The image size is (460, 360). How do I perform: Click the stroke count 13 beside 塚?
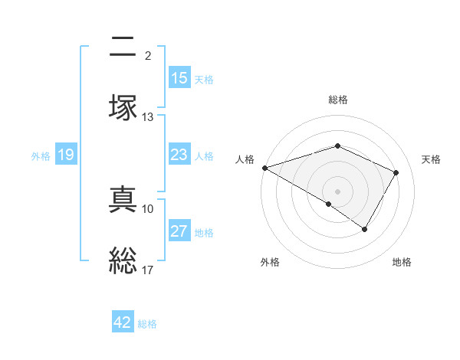tap(148, 117)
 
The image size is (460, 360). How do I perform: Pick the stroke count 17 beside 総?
tap(148, 270)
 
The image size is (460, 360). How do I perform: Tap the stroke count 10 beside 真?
tap(148, 208)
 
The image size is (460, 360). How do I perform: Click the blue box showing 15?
tap(179, 78)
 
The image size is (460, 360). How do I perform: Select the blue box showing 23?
tap(179, 155)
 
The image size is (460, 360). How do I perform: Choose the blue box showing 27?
tap(179, 231)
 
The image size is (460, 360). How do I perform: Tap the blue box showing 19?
tap(65, 155)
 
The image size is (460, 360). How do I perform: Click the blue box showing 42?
tap(123, 322)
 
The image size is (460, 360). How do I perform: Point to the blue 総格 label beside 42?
tap(147, 324)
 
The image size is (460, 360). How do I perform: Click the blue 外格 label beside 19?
tap(41, 156)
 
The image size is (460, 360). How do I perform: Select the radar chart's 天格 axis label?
tap(431, 159)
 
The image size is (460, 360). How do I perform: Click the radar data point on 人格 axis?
tap(264, 168)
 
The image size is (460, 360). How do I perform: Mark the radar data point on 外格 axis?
tap(329, 204)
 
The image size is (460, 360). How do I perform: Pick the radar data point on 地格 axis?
tap(365, 229)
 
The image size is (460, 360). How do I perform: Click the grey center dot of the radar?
tap(337, 191)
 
